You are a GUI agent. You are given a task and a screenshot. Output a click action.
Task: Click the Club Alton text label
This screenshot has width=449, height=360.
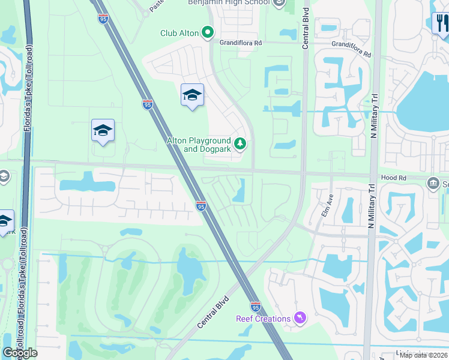(x=179, y=33)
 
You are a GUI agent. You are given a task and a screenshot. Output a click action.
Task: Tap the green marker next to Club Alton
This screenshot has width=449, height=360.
(x=208, y=32)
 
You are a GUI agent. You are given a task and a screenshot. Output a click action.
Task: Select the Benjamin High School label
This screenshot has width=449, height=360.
(x=228, y=3)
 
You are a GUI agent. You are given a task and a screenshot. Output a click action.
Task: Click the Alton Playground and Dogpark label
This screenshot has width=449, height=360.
(x=199, y=145)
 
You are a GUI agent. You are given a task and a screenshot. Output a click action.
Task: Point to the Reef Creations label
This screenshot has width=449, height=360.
(x=263, y=319)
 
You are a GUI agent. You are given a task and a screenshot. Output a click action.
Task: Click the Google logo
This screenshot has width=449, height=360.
(x=20, y=353)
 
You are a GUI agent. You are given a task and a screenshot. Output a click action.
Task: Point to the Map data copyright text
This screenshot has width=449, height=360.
(x=423, y=355)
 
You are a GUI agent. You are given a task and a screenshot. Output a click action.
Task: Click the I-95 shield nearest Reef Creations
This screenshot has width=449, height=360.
(x=255, y=306)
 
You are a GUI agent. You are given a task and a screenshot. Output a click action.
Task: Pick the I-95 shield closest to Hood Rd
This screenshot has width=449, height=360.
(x=200, y=206)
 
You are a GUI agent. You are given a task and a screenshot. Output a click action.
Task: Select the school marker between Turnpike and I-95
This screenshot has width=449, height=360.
(x=103, y=130)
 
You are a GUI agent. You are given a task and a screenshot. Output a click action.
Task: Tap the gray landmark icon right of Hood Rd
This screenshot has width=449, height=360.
(x=433, y=182)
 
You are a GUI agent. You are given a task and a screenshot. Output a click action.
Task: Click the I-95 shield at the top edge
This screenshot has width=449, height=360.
(x=103, y=19)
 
